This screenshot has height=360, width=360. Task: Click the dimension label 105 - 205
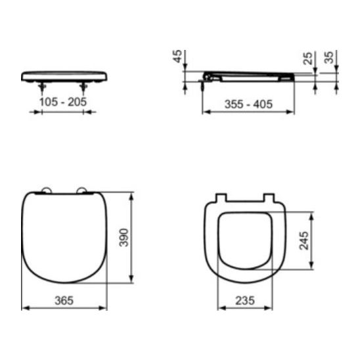63,102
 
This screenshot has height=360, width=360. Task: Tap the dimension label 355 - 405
248,104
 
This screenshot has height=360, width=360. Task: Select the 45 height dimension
177,56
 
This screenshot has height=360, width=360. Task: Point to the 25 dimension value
307,58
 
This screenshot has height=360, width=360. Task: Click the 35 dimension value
328,57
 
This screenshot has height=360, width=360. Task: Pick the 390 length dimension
124,237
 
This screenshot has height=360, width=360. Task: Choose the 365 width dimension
64,300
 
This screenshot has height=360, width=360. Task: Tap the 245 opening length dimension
304,240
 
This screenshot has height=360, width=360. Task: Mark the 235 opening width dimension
245,300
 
